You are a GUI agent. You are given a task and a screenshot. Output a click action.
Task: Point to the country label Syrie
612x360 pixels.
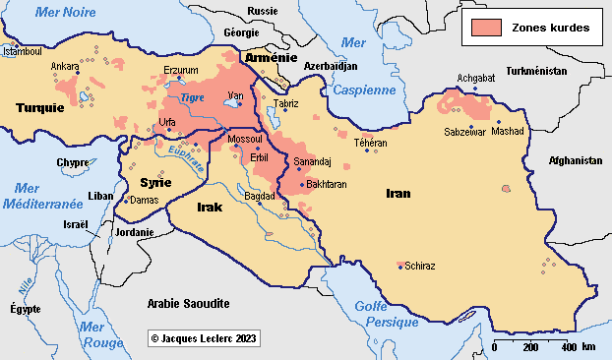pyautogui.click(x=155, y=183)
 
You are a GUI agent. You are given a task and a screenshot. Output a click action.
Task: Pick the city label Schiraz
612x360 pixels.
pyautogui.click(x=419, y=266)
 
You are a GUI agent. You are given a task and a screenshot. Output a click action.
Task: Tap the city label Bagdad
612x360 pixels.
pyautogui.click(x=259, y=196)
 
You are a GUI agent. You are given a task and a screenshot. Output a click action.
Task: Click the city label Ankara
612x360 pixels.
pyautogui.click(x=65, y=68)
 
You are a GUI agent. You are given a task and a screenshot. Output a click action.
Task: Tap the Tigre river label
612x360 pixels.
pyautogui.click(x=193, y=97)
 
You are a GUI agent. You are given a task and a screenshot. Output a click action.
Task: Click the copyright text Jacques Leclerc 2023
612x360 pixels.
pyautogui.click(x=204, y=337)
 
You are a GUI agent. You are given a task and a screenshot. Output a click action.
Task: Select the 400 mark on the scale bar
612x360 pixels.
pyautogui.click(x=569, y=347)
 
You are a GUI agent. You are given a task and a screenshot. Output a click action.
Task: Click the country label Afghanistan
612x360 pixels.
pyautogui.click(x=575, y=160)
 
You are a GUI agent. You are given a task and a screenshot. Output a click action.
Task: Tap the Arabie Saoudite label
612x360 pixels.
pyautogui.click(x=188, y=303)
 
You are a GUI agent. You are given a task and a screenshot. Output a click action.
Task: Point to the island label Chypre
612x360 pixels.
pyautogui.click(x=72, y=162)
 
